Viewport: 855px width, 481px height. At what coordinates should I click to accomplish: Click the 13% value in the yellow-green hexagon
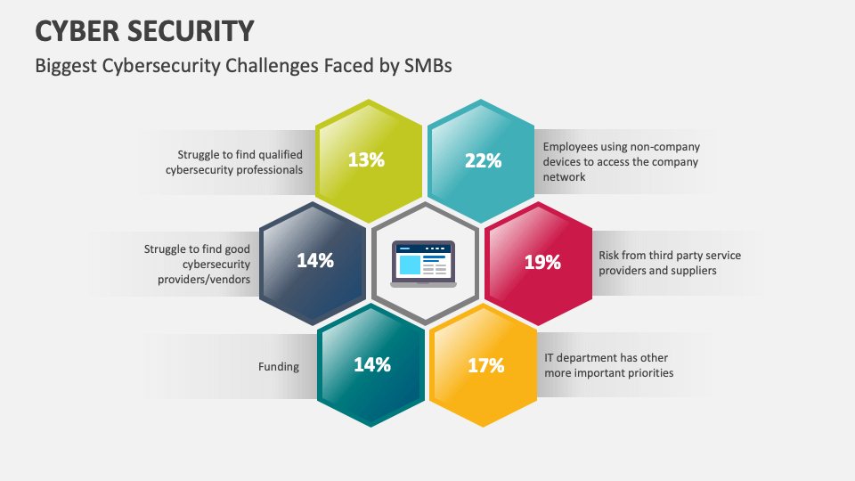(x=366, y=160)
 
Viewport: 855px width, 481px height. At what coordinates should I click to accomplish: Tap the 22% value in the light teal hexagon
(x=483, y=160)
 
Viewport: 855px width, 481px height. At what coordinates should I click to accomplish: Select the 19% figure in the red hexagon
(x=542, y=262)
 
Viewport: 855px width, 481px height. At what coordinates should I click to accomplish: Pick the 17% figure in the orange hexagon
(x=485, y=365)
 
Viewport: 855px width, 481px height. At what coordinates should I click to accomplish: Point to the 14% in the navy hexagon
(x=314, y=261)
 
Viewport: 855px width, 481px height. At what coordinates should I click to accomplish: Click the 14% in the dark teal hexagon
(x=371, y=364)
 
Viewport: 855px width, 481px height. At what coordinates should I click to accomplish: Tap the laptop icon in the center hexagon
(x=424, y=265)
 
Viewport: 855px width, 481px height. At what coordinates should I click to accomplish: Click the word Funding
(x=279, y=366)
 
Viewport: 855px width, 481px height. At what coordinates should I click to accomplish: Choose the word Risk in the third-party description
(x=608, y=256)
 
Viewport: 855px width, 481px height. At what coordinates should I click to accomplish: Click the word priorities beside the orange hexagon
(x=648, y=373)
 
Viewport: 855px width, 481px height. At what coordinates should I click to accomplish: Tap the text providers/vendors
(x=205, y=280)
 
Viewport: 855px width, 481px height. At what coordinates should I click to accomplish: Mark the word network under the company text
(x=565, y=177)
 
